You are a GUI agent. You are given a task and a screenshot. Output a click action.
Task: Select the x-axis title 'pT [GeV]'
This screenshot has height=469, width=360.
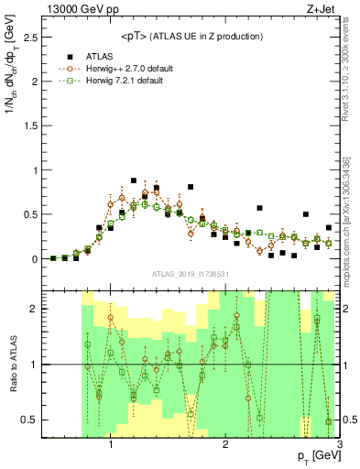click(316, 456)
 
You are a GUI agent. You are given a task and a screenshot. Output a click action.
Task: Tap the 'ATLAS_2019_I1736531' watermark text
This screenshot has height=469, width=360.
click(190, 274)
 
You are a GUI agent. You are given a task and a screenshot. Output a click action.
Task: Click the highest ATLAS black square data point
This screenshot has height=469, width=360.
click(134, 180)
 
